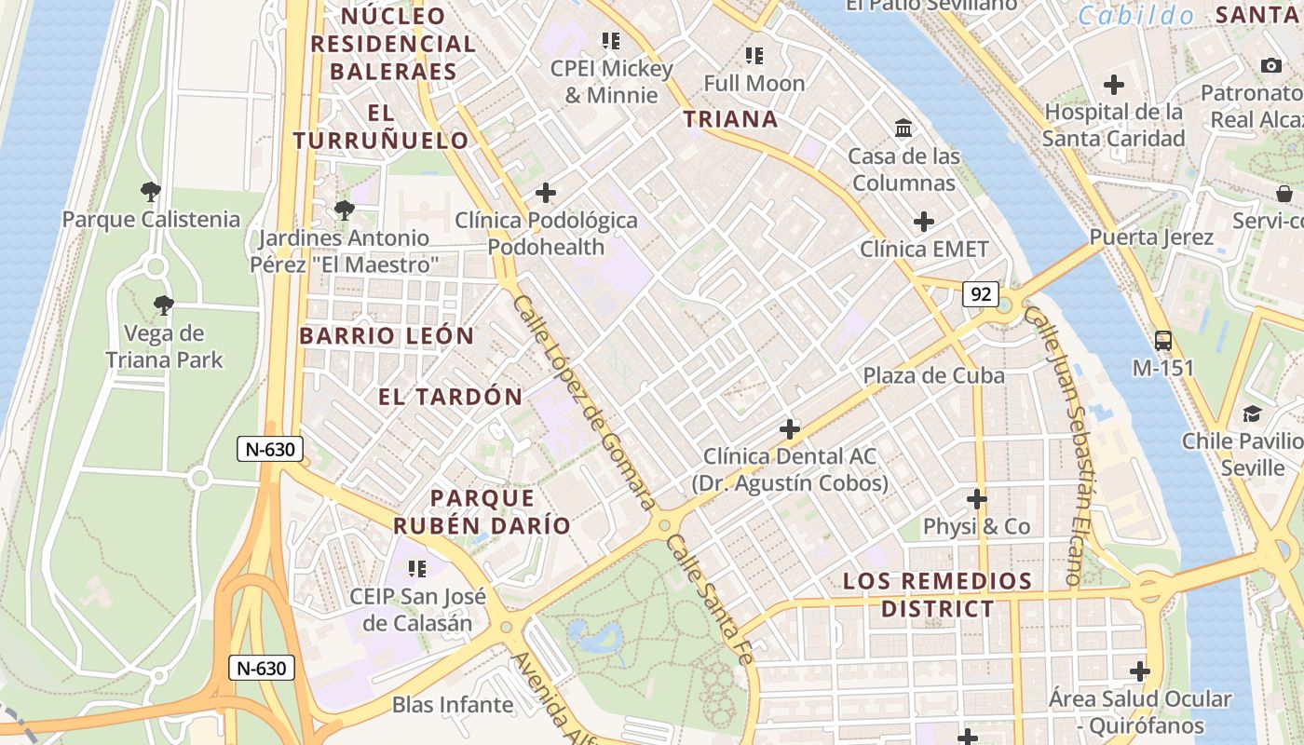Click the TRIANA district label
pyautogui.click(x=730, y=119)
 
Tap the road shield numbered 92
pyautogui.click(x=981, y=295)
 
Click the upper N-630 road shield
pyautogui.click(x=270, y=450)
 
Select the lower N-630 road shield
pyautogui.click(x=262, y=668)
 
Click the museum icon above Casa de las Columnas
pyautogui.click(x=903, y=129)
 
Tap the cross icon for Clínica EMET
pyautogui.click(x=923, y=222)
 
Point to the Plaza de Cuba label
pyautogui.click(x=933, y=375)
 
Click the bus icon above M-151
pyautogui.click(x=1162, y=341)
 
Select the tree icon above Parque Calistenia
pyautogui.click(x=150, y=193)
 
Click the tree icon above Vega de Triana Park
pyautogui.click(x=164, y=305)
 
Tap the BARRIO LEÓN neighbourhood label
pyautogui.click(x=387, y=336)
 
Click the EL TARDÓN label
pyautogui.click(x=450, y=397)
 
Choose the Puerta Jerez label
pyautogui.click(x=1151, y=237)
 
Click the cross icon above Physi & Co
pyautogui.click(x=976, y=499)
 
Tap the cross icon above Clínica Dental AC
pyautogui.click(x=790, y=429)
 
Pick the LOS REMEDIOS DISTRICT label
pyautogui.click(x=937, y=595)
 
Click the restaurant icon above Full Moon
pyautogui.click(x=754, y=56)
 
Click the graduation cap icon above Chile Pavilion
pyautogui.click(x=1252, y=413)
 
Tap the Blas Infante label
pyautogui.click(x=453, y=705)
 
